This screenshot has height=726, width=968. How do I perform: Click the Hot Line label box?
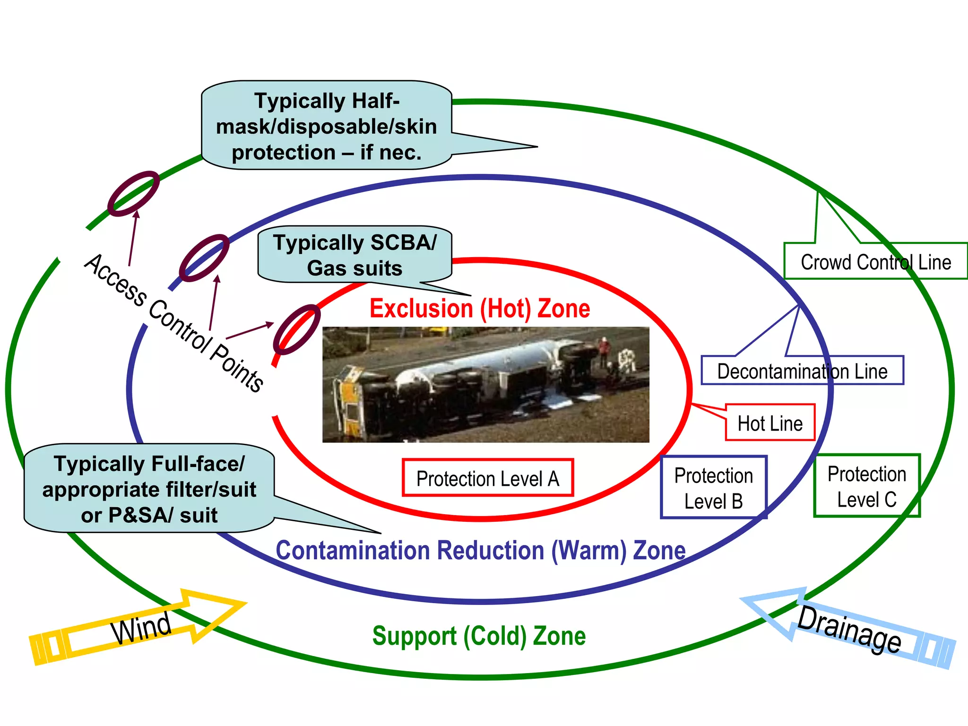[x=770, y=423]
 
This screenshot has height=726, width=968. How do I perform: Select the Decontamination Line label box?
[x=802, y=371]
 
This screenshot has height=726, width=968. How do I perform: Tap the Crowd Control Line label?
[x=875, y=261]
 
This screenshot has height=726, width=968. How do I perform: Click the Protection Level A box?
[x=487, y=478]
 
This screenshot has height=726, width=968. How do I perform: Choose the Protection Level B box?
[x=713, y=487]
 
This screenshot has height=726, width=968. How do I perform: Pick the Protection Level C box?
[x=866, y=486]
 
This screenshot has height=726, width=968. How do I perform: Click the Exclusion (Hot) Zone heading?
[x=479, y=309]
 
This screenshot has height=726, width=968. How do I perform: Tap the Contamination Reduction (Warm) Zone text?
[x=480, y=551]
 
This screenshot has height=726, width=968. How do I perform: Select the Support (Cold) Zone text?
[x=479, y=636]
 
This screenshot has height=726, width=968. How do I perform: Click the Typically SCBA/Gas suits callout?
[x=354, y=255]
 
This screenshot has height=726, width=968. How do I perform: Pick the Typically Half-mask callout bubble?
[x=326, y=126]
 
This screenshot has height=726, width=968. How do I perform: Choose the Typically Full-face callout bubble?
[x=149, y=489]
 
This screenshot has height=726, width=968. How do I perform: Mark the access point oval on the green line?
[x=133, y=193]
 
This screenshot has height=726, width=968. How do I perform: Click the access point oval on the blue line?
[x=204, y=258]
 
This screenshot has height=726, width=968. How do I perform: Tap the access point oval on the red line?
[x=297, y=329]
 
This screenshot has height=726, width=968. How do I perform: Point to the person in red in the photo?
[x=604, y=350]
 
